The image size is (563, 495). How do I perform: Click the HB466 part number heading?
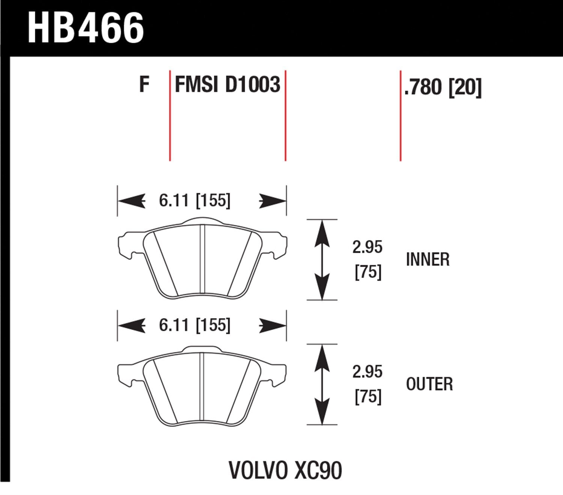pyautogui.click(x=86, y=28)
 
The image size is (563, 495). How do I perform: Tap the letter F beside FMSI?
pyautogui.click(x=144, y=85)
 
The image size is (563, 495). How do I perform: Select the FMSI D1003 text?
pyautogui.click(x=227, y=85)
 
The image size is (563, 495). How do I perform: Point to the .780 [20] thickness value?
pyautogui.click(x=442, y=88)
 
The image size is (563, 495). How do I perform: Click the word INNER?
pyautogui.click(x=428, y=260)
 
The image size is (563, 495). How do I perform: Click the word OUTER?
pyautogui.click(x=429, y=384)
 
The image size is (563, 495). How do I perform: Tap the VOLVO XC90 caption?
pyautogui.click(x=285, y=470)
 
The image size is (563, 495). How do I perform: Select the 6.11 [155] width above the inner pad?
pyautogui.click(x=194, y=201)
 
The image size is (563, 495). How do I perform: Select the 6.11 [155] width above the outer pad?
pyautogui.click(x=194, y=325)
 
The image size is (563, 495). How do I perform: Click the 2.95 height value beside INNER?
pyautogui.click(x=367, y=248)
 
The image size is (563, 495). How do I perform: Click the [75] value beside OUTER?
pyautogui.click(x=368, y=397)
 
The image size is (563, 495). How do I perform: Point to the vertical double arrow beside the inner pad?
pyautogui.click(x=322, y=260)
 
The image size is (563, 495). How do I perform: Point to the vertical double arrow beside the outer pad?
pyautogui.click(x=322, y=385)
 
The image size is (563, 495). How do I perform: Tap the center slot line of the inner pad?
pyautogui.click(x=202, y=259)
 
